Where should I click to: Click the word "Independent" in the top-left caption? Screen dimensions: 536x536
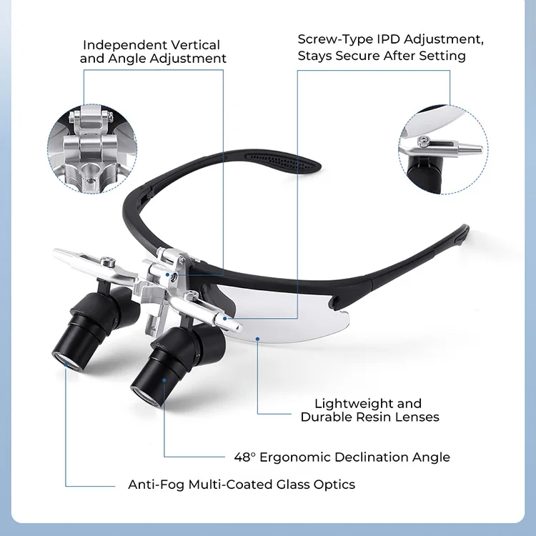coord(125,45)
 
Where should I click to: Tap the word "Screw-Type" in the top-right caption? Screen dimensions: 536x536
coord(335,39)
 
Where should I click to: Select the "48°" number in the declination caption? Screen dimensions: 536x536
coord(244,457)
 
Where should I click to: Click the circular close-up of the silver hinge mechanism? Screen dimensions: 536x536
coord(92,149)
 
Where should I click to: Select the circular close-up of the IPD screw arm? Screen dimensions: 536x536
coord(443,150)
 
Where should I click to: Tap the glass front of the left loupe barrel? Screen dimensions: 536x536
coord(67,361)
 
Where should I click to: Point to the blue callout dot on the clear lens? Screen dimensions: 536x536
coord(257,339)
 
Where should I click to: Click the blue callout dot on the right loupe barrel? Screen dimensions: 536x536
coord(164,380)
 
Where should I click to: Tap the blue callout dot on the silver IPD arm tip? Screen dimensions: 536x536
coord(225,319)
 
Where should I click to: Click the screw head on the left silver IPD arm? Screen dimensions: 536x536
coord(109,261)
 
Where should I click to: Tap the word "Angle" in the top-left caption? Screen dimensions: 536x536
coord(126,59)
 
